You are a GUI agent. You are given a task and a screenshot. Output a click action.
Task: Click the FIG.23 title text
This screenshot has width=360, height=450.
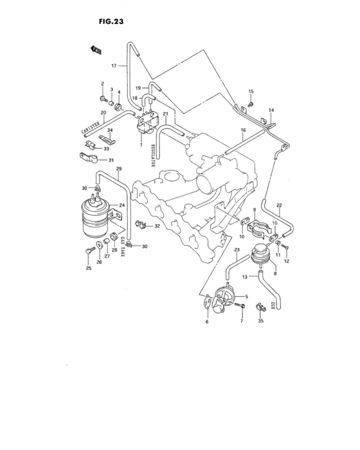(111, 21)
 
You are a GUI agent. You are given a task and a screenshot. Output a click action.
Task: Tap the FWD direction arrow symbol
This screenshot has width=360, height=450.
(98, 49)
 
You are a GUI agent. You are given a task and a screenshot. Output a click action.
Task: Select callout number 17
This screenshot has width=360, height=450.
(114, 66)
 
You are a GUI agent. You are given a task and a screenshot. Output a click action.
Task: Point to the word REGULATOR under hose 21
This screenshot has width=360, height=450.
(154, 154)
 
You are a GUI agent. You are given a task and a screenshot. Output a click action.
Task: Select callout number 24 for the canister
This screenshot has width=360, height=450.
(120, 206)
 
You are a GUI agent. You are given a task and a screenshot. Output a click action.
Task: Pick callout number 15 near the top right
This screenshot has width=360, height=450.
(251, 91)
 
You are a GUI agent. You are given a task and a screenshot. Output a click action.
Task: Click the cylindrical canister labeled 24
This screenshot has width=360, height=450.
(96, 216)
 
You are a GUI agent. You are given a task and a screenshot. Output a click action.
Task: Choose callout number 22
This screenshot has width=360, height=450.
(280, 204)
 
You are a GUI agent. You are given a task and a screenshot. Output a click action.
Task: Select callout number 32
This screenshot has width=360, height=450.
(157, 226)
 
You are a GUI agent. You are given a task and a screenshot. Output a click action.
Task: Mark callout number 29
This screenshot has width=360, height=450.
(118, 168)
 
